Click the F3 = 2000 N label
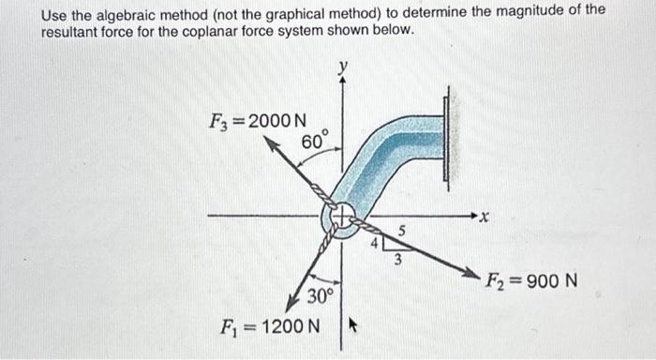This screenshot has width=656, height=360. pos(255,121)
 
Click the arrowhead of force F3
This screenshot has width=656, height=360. pos(268,143)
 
